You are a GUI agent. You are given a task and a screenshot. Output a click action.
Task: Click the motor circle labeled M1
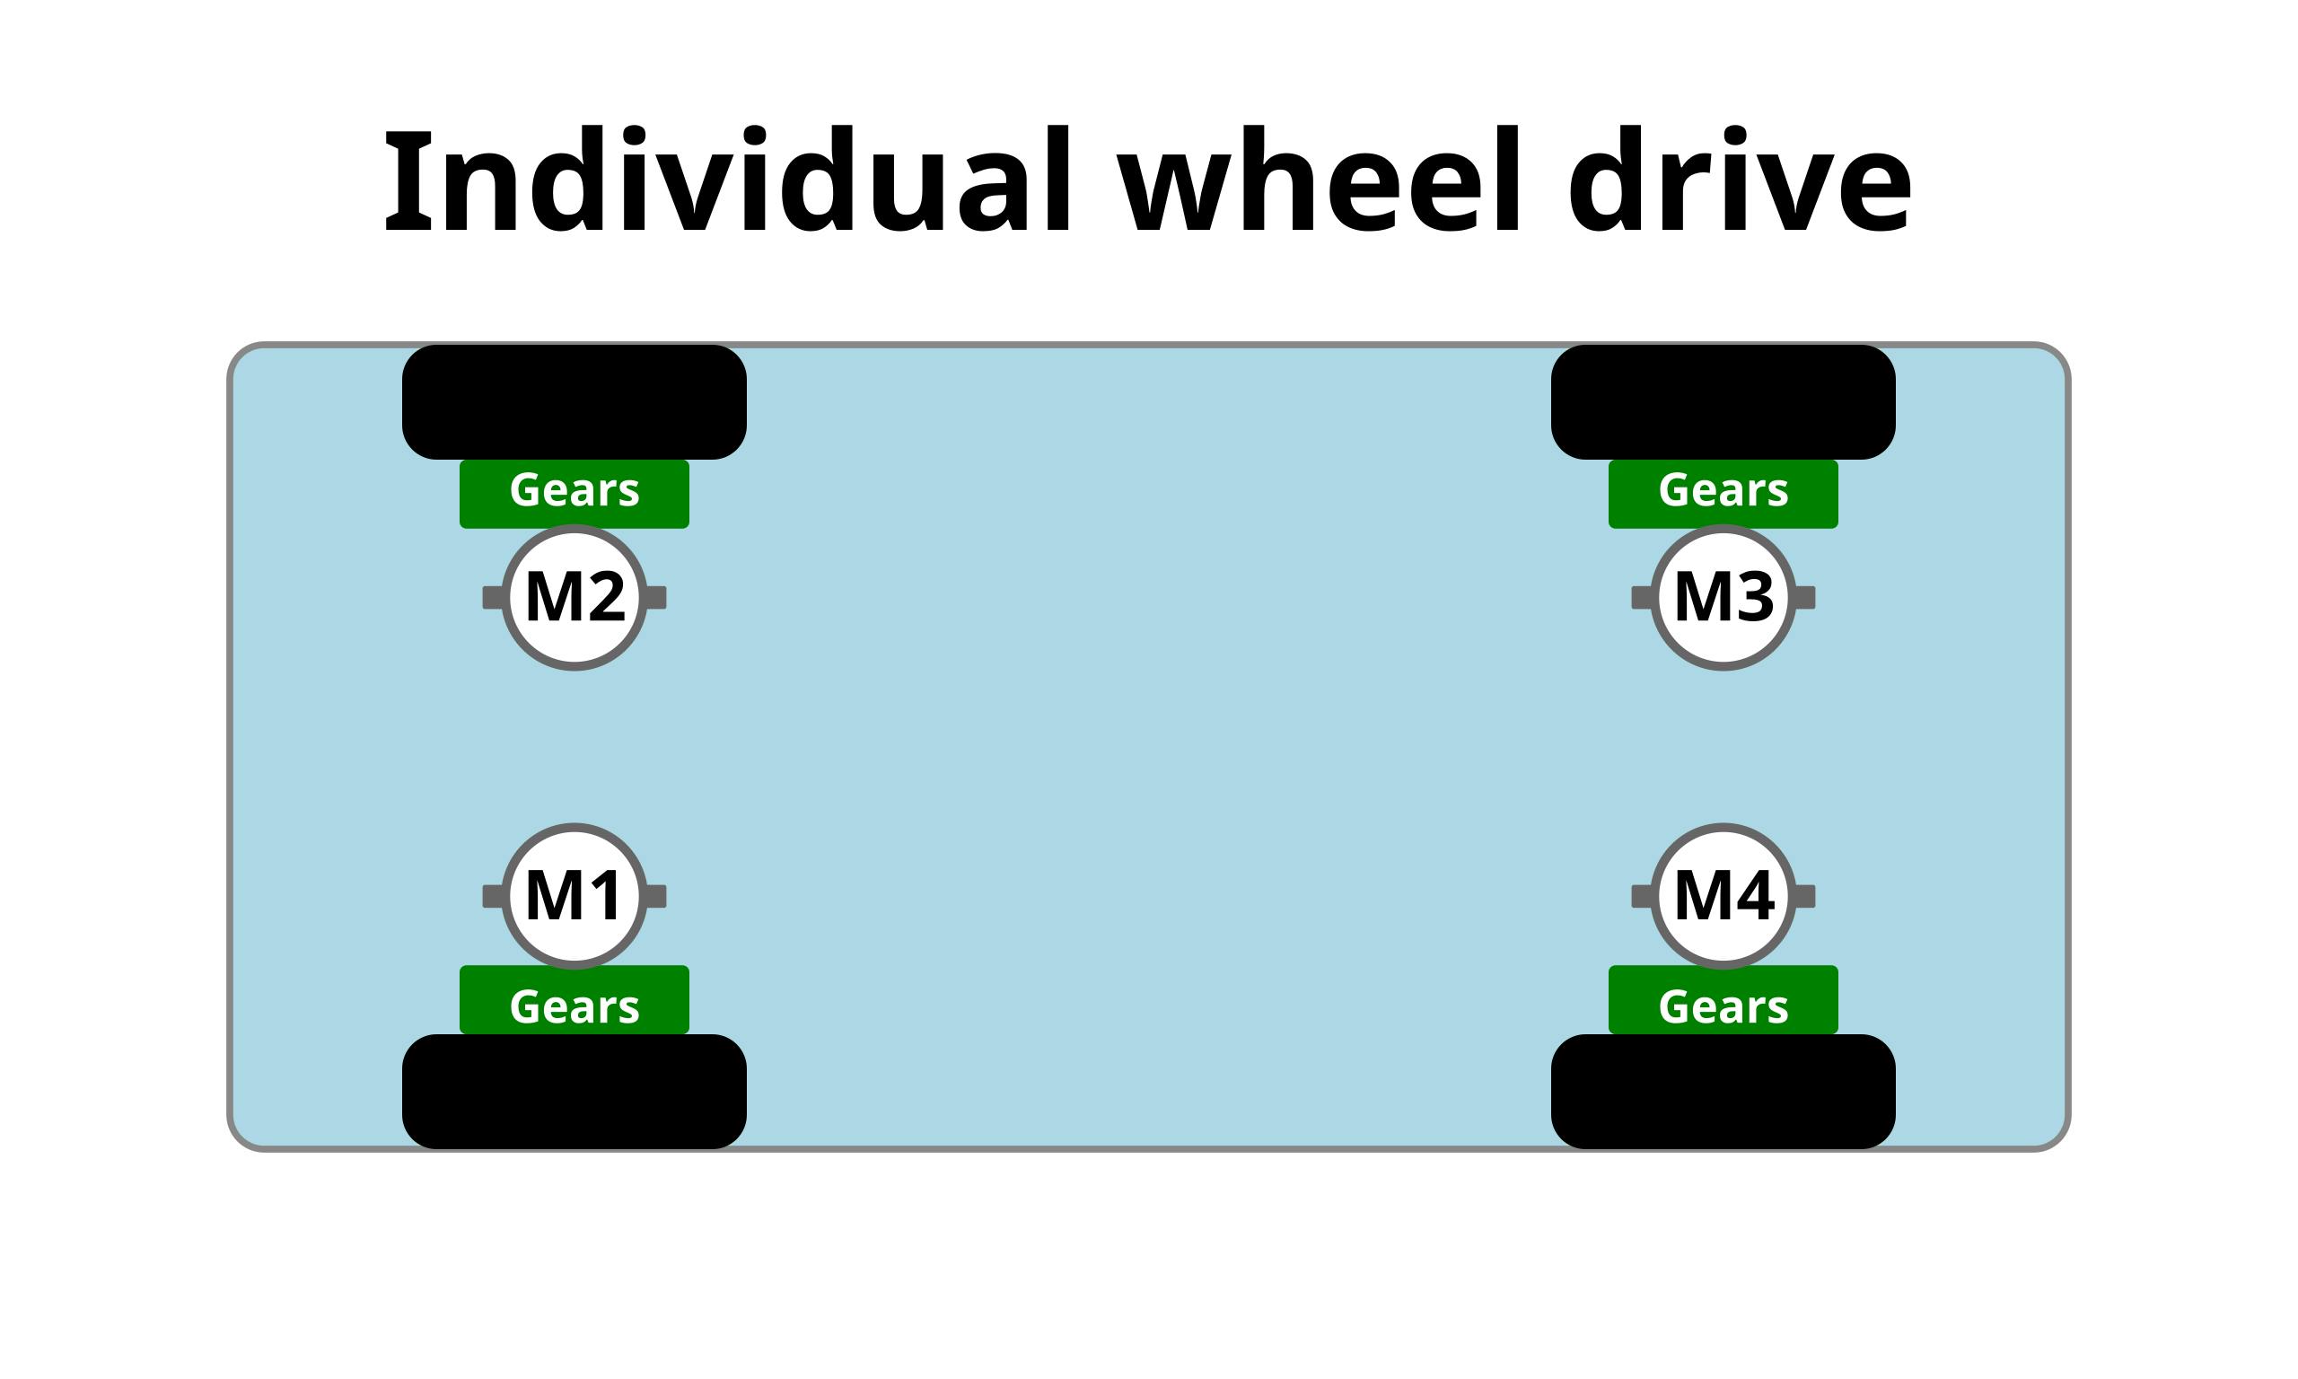(574, 897)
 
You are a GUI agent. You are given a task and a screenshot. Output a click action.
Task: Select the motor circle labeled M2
(574, 598)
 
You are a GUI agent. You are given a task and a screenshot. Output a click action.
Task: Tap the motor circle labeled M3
(1723, 598)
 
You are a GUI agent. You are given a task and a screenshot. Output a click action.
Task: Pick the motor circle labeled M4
(1723, 897)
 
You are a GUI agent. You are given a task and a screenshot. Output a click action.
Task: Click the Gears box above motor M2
(574, 494)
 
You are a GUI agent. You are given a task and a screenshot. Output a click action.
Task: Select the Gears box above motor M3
(1723, 494)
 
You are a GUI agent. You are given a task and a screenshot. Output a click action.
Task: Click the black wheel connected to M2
(574, 402)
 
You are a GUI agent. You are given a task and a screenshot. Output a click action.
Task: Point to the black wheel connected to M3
(1723, 402)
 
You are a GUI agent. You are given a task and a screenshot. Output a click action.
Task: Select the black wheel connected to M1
(574, 1092)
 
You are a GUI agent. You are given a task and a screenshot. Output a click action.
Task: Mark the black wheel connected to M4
(1723, 1092)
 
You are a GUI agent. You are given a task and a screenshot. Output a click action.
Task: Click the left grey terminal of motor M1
(492, 897)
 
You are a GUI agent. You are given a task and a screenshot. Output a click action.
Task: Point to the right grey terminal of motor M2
(657, 598)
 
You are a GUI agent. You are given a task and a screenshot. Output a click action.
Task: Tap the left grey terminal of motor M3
(1641, 598)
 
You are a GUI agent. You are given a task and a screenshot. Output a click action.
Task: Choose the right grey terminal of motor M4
(1806, 897)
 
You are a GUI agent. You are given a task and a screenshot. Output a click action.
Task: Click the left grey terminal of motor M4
(1641, 897)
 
